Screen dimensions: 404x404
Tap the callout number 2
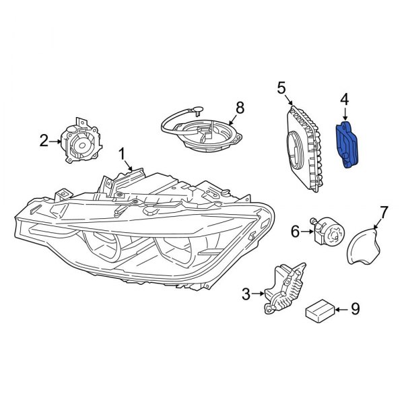coord(44,141)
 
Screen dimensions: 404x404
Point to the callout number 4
coord(345,99)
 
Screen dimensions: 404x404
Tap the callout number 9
coord(355,309)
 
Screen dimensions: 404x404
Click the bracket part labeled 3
coord(281,288)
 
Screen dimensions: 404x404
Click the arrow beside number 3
coord(259,294)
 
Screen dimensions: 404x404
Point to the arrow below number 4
coord(345,114)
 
